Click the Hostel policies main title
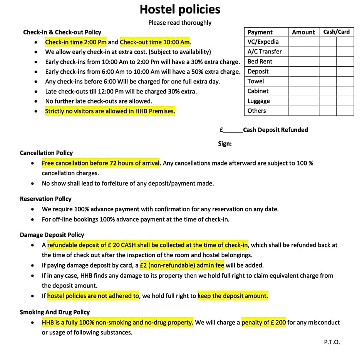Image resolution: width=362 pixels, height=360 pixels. pos(180,9)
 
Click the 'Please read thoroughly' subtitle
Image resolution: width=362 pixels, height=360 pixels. pos(180,23)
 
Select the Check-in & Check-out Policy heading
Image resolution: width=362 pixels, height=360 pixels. pos(62,32)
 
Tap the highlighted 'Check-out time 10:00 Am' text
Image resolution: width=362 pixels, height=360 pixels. pos(155,42)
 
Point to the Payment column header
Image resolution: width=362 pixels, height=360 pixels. pos(260,32)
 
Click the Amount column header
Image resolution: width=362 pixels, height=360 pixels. pos(303,32)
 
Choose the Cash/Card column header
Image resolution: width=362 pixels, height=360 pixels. pos(336,32)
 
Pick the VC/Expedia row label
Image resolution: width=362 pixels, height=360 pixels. pos(263,42)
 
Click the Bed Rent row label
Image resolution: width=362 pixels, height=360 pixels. pos(260,61)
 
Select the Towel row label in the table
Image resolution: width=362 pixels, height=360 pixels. pos(256,81)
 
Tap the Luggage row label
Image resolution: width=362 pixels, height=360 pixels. pos(259,101)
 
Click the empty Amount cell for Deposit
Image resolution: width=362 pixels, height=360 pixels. pos(303,71)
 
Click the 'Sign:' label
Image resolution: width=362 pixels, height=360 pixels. pos(225,144)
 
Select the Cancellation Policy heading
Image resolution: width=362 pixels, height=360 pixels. pos(46,153)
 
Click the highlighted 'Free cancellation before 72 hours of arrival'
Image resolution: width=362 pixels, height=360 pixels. pos(101,163)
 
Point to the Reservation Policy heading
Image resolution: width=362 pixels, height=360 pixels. pos(45,199)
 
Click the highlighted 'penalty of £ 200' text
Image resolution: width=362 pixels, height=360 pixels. pos(263,322)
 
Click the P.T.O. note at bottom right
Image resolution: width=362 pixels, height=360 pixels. pos(332,342)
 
